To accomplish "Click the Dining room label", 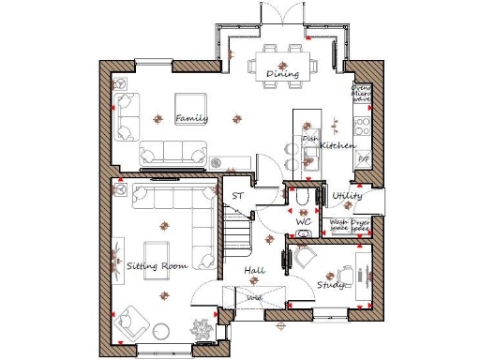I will click(x=281, y=74).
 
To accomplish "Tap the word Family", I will click(x=191, y=118).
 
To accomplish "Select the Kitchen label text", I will click(x=337, y=146).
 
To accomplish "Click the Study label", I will click(x=327, y=284).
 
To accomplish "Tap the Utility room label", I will click(x=348, y=196).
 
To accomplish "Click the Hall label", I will click(x=253, y=270).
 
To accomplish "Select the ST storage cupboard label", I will click(x=238, y=196).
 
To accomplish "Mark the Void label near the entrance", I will click(x=253, y=298).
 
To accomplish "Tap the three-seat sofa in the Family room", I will click(x=173, y=153).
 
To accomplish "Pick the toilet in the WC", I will click(x=302, y=200).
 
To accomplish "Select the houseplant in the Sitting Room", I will click(x=201, y=330).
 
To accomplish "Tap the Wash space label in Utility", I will click(x=338, y=226).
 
